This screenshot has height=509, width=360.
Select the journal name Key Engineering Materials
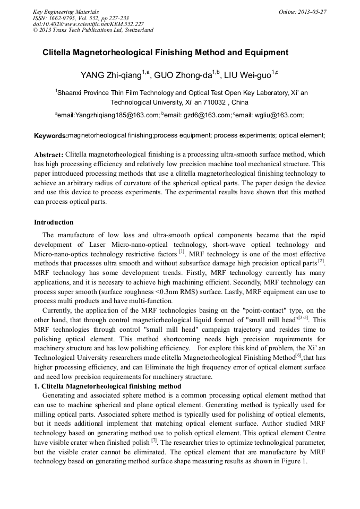(66, 11)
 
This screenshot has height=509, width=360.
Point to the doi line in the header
(88, 24)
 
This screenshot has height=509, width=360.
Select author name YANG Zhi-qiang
(111, 74)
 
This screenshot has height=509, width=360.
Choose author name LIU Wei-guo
(247, 74)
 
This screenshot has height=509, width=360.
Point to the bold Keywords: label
(50, 136)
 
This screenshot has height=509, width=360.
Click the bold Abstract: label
(49, 154)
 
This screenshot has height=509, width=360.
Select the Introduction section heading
(54, 222)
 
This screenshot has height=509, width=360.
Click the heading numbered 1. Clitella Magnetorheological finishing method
(108, 386)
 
